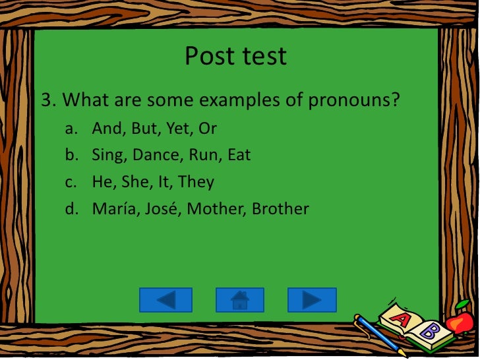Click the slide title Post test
tap(235, 56)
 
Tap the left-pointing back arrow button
tap(165, 300)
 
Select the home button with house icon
tap(239, 300)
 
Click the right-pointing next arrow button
tap(312, 300)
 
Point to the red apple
tap(460, 321)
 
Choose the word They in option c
tap(196, 182)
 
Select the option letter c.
tap(69, 183)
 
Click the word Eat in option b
tap(239, 156)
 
